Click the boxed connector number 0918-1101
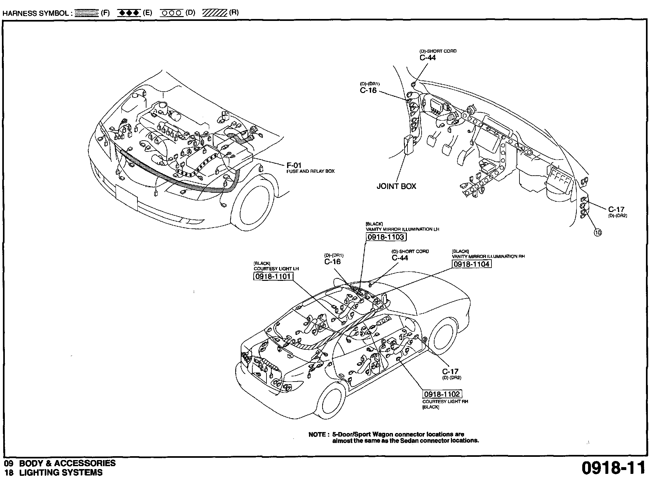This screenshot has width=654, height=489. click(274, 276)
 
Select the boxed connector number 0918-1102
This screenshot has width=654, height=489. click(442, 394)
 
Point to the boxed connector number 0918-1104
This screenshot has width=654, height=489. click(472, 264)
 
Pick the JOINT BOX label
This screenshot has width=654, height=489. click(397, 186)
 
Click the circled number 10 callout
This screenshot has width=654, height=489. click(598, 233)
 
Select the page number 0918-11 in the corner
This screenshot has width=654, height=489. click(613, 468)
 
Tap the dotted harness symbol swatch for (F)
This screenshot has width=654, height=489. click(86, 13)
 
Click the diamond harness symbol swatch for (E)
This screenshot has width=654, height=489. click(128, 13)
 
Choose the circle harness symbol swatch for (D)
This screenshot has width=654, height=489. click(172, 13)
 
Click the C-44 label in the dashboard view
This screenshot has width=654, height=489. click(428, 58)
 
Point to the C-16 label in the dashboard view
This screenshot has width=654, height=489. click(368, 90)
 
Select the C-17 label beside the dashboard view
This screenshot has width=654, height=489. click(616, 209)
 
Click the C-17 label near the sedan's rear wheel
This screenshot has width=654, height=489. click(450, 372)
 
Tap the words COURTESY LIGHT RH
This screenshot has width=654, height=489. click(445, 401)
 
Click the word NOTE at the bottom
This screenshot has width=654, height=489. click(317, 435)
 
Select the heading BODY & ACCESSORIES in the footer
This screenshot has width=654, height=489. click(67, 463)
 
